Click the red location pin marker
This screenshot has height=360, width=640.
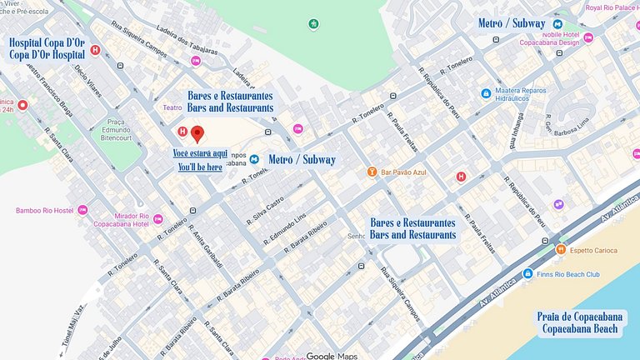pos(197,133)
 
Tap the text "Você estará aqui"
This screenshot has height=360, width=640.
pos(200,153)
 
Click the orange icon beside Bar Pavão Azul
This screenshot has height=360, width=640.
pos(372,172)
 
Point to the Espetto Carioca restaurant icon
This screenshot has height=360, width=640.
pos(561,249)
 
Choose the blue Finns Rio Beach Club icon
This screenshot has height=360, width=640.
pos(527,273)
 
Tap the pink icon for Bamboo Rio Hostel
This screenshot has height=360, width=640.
pos(82,210)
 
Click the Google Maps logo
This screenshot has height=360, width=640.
pos(332,356)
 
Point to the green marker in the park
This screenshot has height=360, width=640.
pos(313,23)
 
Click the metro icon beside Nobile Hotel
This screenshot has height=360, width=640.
pos(558,23)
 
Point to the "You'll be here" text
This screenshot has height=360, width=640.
pos(200,167)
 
